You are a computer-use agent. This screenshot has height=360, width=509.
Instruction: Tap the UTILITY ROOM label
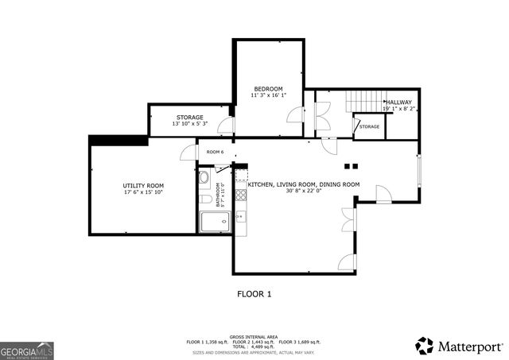[x=143, y=184]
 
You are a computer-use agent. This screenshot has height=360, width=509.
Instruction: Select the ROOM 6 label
[x=215, y=152]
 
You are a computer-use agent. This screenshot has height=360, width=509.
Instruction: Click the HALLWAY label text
[x=398, y=102]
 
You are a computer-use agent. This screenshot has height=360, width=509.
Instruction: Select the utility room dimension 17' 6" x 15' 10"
[x=143, y=192]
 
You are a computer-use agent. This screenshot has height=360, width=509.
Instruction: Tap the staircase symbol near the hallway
[x=363, y=102]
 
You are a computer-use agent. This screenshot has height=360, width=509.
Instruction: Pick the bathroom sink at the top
[x=204, y=177]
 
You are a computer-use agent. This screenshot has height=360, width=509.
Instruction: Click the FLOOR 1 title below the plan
[x=254, y=294]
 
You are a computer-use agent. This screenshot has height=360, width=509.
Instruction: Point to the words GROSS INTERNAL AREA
[x=254, y=336]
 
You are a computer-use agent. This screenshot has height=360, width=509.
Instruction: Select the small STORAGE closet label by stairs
[x=369, y=126]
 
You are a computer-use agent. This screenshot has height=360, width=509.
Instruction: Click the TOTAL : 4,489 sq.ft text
[x=254, y=346]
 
